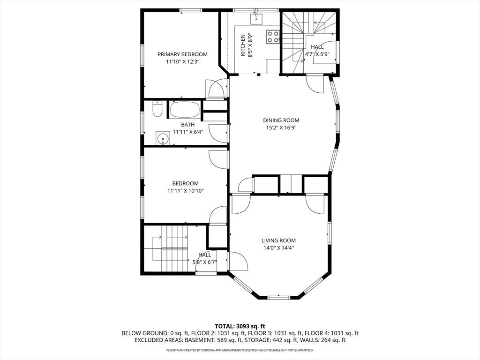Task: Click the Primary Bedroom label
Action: [x=182, y=54]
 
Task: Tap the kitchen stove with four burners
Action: [x=273, y=37]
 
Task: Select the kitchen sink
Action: [x=256, y=19]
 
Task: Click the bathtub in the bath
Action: [x=185, y=110]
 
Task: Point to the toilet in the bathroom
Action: [x=157, y=110]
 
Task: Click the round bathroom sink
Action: [x=163, y=139]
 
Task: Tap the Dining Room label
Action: [x=281, y=120]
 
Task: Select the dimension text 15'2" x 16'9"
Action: [x=281, y=127]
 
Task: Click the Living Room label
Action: [x=278, y=240]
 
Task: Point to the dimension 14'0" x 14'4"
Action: [x=278, y=248]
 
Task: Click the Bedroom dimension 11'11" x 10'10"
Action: [x=185, y=191]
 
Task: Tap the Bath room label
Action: [x=188, y=125]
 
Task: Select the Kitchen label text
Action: [x=243, y=45]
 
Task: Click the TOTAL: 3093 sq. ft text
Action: [x=240, y=326]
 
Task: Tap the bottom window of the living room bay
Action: [x=279, y=297]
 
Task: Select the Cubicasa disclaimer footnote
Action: [x=240, y=350]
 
